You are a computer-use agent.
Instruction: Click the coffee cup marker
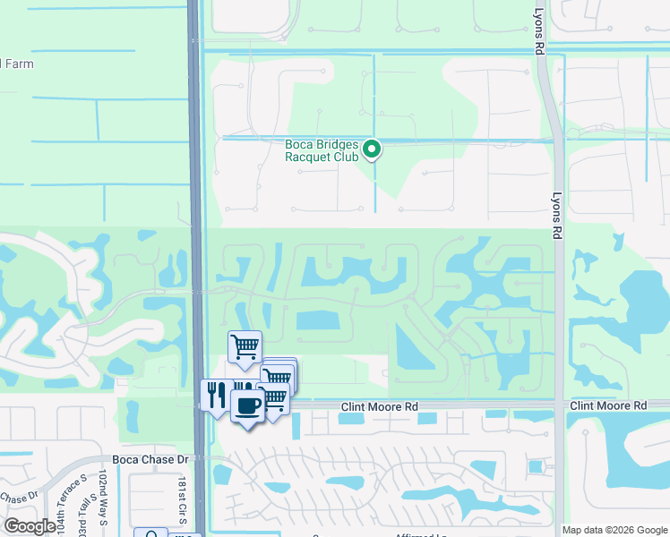[247, 405]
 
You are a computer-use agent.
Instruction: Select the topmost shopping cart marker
[245, 346]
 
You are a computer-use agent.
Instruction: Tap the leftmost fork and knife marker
[216, 395]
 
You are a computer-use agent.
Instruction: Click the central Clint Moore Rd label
[380, 406]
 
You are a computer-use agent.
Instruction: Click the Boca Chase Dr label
[148, 459]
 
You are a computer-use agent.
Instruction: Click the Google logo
[30, 525]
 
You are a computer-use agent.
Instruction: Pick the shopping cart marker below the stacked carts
[274, 399]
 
